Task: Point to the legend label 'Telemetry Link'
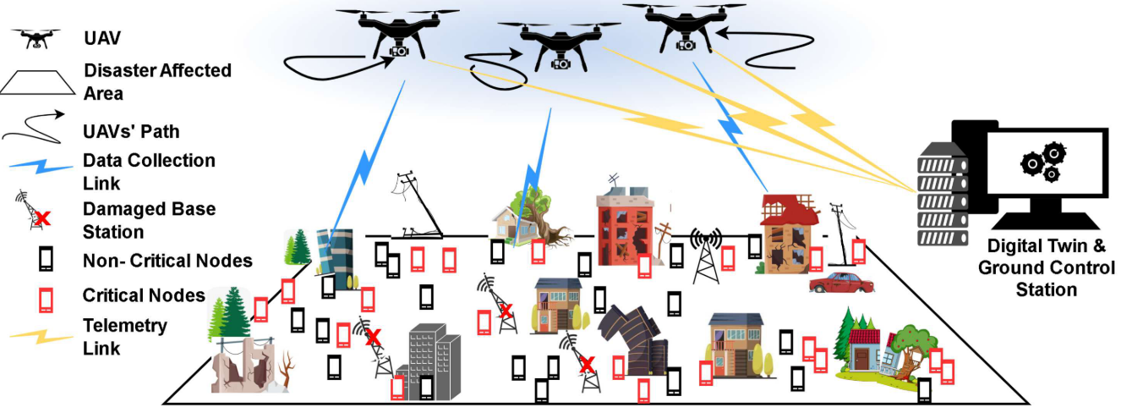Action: [125, 336]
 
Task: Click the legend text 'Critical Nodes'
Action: [144, 295]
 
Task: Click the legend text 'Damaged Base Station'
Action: [149, 219]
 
